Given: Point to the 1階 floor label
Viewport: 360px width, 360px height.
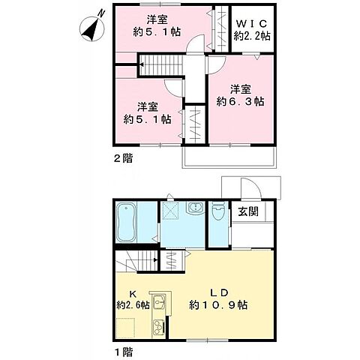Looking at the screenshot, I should coord(122,350).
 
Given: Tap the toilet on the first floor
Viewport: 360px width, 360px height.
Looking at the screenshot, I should coord(218,213).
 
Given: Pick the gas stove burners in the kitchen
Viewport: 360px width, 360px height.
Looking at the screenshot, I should coord(159,327).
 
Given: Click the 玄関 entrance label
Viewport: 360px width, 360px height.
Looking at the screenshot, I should coord(249,212).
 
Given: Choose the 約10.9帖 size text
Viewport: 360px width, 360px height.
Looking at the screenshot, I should coord(219,305).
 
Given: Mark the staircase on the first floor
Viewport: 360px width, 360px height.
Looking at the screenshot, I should coord(135,262).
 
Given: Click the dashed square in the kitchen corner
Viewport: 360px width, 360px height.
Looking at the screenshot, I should coord(127,327).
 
